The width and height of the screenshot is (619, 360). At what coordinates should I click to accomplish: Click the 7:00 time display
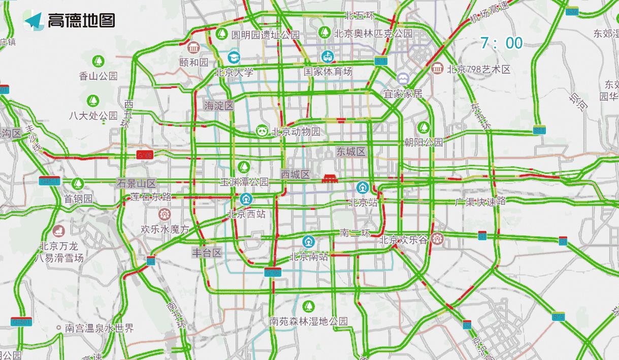click(x=501, y=43)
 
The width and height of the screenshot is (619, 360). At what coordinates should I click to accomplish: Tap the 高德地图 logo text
click(x=81, y=20)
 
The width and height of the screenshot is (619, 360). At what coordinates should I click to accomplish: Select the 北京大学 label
click(x=234, y=72)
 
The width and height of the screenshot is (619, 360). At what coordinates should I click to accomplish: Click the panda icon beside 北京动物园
click(x=262, y=131)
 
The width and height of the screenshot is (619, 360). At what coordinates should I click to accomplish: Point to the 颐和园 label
click(x=194, y=62)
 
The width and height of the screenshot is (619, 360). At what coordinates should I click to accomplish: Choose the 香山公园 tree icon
click(x=98, y=61)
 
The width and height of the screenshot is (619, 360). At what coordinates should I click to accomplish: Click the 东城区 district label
click(x=351, y=151)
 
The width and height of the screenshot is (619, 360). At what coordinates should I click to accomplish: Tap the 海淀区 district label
click(x=219, y=106)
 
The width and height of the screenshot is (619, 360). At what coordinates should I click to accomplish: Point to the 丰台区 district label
click(x=207, y=252)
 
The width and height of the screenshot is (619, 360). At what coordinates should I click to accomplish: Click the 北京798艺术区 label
click(x=478, y=69)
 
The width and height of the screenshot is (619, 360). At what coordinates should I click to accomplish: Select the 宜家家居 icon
click(x=403, y=79)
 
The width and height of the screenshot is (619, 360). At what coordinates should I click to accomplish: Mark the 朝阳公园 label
click(x=423, y=142)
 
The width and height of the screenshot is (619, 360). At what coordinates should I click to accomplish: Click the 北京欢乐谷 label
click(x=404, y=239)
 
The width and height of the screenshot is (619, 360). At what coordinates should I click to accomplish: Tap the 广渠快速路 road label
click(x=480, y=202)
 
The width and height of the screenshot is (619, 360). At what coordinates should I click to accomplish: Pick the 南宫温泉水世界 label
click(x=100, y=328)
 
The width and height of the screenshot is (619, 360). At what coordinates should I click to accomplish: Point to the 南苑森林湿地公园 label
click(x=308, y=321)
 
